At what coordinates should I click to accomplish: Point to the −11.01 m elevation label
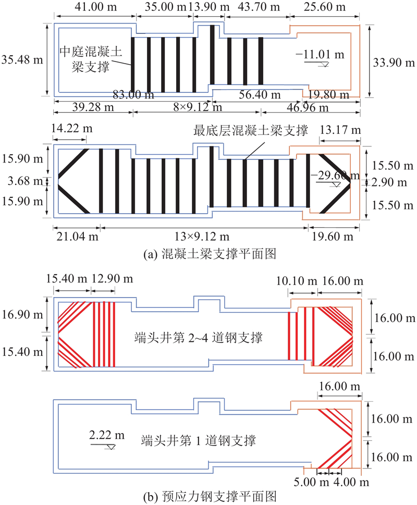pyautogui.click(x=319, y=53)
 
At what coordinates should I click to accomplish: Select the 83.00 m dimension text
pyautogui.click(x=134, y=95)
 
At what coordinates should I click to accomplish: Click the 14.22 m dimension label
pyautogui.click(x=70, y=128)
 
